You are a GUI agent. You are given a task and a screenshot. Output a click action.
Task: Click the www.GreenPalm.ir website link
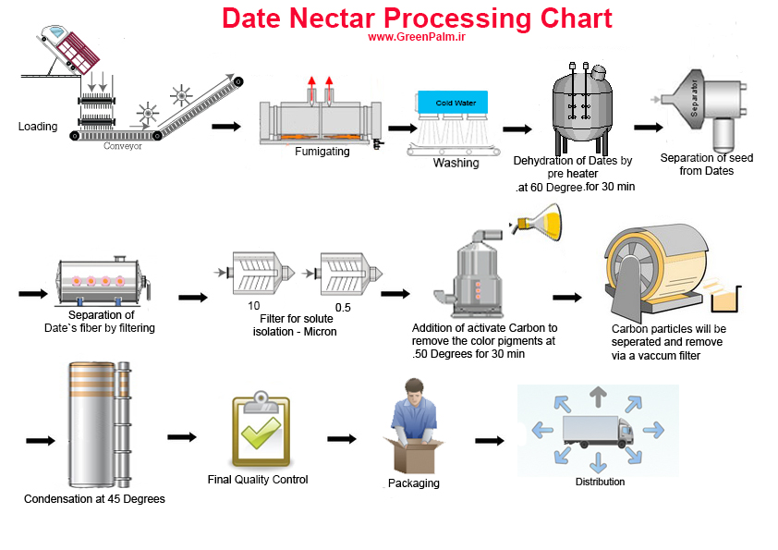417,37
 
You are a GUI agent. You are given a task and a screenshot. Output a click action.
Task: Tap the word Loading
38,127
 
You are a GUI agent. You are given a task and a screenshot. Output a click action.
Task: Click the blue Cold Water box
453,103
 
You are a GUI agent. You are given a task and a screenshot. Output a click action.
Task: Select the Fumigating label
322,152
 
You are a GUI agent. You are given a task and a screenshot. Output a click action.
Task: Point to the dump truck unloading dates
68,50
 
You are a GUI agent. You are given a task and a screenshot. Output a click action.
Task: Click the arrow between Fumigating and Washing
402,128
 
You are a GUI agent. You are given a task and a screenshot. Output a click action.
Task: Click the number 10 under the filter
253,306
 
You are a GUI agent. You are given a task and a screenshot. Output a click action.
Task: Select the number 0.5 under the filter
343,308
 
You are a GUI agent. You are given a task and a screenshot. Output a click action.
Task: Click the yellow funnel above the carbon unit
540,222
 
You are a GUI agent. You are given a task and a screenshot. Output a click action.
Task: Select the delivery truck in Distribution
598,432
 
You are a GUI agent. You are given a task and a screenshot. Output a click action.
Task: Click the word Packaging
414,483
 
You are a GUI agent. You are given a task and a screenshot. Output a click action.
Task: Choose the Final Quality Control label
258,480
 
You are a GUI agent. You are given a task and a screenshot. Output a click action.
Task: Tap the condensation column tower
99,424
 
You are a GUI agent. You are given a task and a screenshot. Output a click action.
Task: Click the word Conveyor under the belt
123,146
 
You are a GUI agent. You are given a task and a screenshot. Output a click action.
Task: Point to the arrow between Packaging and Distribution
490,440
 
